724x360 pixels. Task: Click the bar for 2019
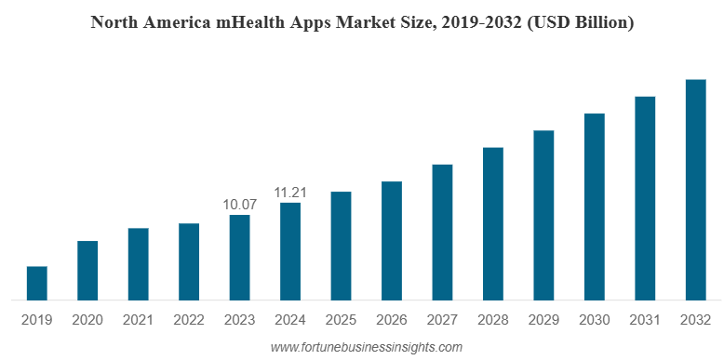coord(36,283)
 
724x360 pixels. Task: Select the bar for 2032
coord(695,190)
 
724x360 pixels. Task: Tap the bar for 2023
coord(239,258)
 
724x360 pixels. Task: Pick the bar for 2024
coord(290,251)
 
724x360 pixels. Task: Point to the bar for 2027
coord(442,232)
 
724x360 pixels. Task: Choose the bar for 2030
coord(594,207)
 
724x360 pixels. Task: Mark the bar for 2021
coord(138,264)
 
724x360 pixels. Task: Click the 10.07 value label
coord(239,204)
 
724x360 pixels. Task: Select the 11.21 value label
coord(290,192)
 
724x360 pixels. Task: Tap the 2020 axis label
coord(87,319)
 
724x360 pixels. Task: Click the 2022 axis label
coord(189,319)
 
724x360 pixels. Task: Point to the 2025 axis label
coord(341,319)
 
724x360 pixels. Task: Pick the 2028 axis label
coord(492,319)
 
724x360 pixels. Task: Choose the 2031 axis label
coord(644,319)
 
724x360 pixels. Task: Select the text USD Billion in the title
coord(580,22)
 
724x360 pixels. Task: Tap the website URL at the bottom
coord(366,347)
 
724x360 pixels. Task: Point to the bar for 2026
coord(392,241)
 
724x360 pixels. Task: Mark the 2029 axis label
coord(543,319)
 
